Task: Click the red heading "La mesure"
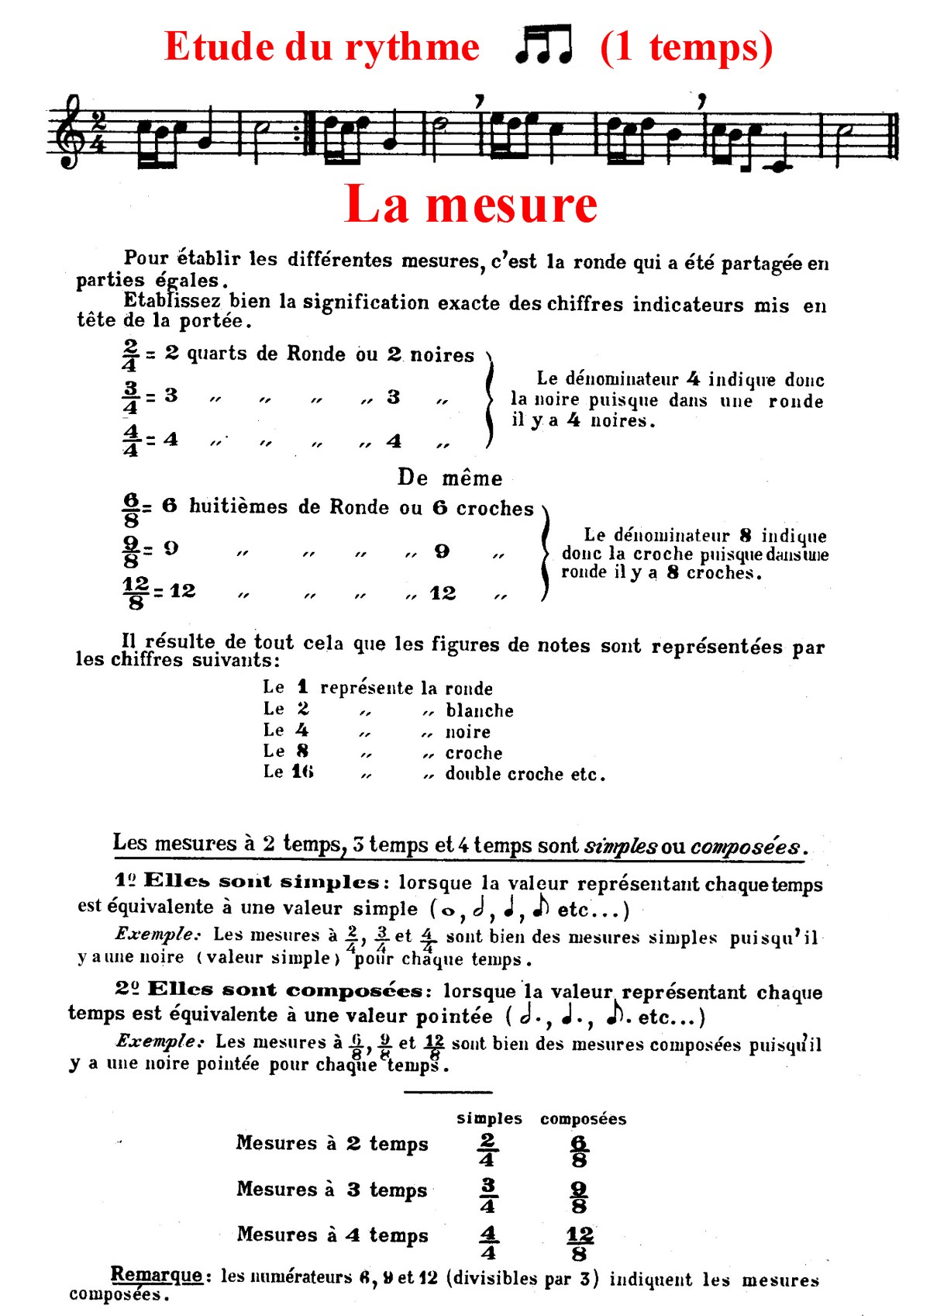[470, 205]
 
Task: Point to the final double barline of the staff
[894, 136]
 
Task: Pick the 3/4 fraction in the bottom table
[487, 1196]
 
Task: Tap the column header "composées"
[583, 1118]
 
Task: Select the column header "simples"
[489, 1118]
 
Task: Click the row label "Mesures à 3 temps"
[332, 1190]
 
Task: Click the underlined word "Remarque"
[156, 1274]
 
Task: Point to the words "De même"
[449, 478]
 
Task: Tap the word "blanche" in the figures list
[479, 710]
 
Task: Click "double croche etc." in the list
[525, 774]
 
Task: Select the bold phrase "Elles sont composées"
[284, 990]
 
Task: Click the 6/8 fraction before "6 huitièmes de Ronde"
[131, 509]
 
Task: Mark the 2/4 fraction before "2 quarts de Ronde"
[130, 355]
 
